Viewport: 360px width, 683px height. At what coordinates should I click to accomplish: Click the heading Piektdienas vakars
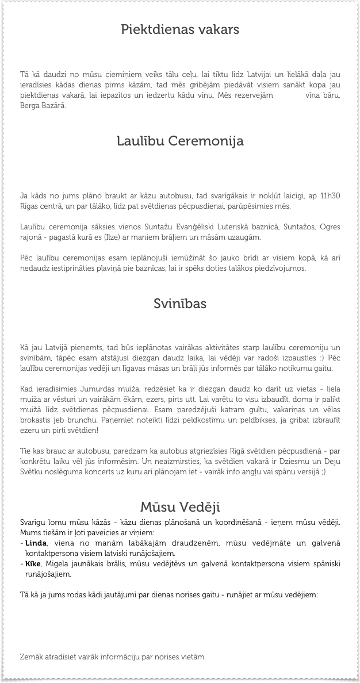pyautogui.click(x=180, y=29)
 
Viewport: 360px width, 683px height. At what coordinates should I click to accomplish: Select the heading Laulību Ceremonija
pyautogui.click(x=180, y=141)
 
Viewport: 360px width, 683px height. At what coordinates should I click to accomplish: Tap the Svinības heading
pyautogui.click(x=180, y=303)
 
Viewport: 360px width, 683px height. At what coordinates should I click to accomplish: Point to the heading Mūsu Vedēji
pyautogui.click(x=180, y=507)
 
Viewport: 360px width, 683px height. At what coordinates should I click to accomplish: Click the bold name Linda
pyautogui.click(x=36, y=543)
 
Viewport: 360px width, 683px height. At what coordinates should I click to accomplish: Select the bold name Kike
pyautogui.click(x=33, y=563)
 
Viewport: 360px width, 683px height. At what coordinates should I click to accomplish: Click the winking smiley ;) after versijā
pyautogui.click(x=324, y=472)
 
